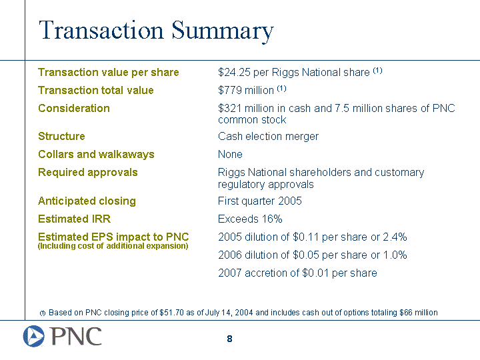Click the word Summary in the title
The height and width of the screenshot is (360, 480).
(x=223, y=31)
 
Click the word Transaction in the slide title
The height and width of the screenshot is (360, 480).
(x=101, y=30)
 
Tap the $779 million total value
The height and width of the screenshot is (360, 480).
(x=246, y=90)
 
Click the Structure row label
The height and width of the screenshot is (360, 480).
(x=61, y=136)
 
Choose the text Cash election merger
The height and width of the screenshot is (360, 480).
(x=268, y=136)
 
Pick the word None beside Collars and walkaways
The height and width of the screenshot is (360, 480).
(x=230, y=154)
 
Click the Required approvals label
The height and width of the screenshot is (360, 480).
(x=88, y=173)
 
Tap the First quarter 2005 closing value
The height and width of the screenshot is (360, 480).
(x=260, y=201)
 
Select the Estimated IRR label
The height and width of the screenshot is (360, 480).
(x=75, y=219)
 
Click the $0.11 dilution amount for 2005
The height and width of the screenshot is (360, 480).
(x=306, y=237)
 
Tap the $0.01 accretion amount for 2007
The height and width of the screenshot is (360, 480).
(x=315, y=273)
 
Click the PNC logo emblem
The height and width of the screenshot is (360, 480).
(x=34, y=337)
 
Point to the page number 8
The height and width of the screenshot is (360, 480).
(x=229, y=339)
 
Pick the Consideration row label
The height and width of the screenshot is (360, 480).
(x=74, y=109)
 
